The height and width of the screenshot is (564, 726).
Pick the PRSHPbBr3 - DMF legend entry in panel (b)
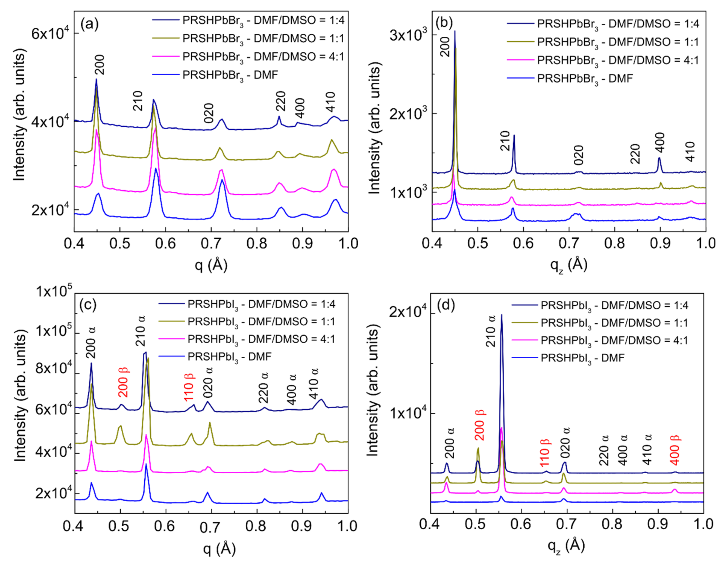coord(585,79)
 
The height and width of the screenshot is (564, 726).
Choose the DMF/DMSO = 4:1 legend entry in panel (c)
coord(261,339)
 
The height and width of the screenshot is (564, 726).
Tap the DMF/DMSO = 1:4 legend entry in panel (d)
coord(614,306)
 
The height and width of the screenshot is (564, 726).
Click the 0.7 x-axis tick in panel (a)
coord(211,244)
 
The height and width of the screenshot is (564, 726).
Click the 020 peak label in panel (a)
coord(209,113)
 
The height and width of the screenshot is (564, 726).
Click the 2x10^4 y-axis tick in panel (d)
coord(407,314)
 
